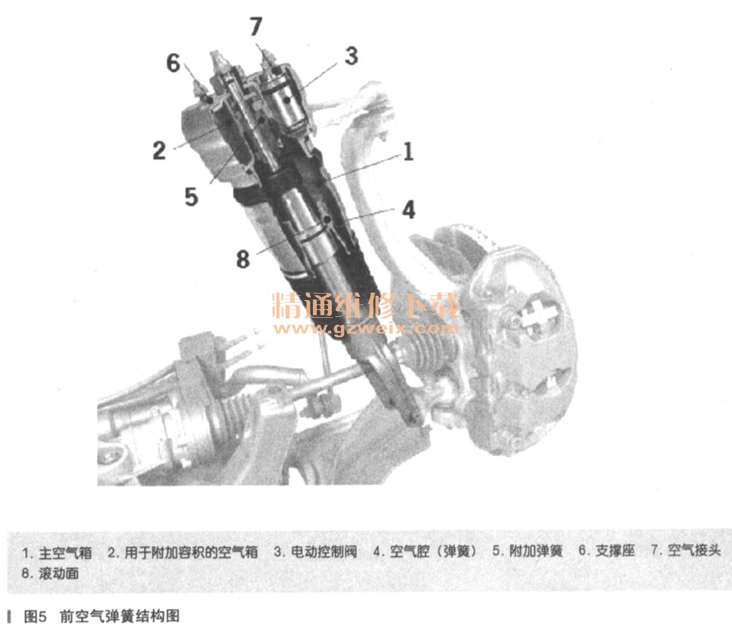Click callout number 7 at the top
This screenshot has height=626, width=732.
point(256,26)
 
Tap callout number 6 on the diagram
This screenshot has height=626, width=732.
point(173,63)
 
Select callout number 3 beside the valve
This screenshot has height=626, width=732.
point(351,56)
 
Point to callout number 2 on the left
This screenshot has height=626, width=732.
point(159,150)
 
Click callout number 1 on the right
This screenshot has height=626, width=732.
point(408,151)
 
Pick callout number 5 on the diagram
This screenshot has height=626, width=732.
point(191,197)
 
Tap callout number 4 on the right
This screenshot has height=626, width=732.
point(408,210)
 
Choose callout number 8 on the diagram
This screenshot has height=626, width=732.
point(243,259)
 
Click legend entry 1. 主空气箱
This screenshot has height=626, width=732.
point(57,553)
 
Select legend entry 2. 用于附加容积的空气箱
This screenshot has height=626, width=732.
point(183,552)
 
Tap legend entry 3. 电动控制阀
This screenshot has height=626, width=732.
point(316,552)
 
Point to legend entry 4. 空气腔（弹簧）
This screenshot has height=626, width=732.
point(426,551)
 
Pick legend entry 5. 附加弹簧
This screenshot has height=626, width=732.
point(528,551)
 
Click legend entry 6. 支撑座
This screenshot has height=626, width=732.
point(607,551)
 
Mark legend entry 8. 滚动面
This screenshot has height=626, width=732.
point(50,573)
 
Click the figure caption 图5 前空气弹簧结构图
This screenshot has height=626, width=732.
point(102,616)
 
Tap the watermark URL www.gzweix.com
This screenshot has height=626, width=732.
point(366,329)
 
